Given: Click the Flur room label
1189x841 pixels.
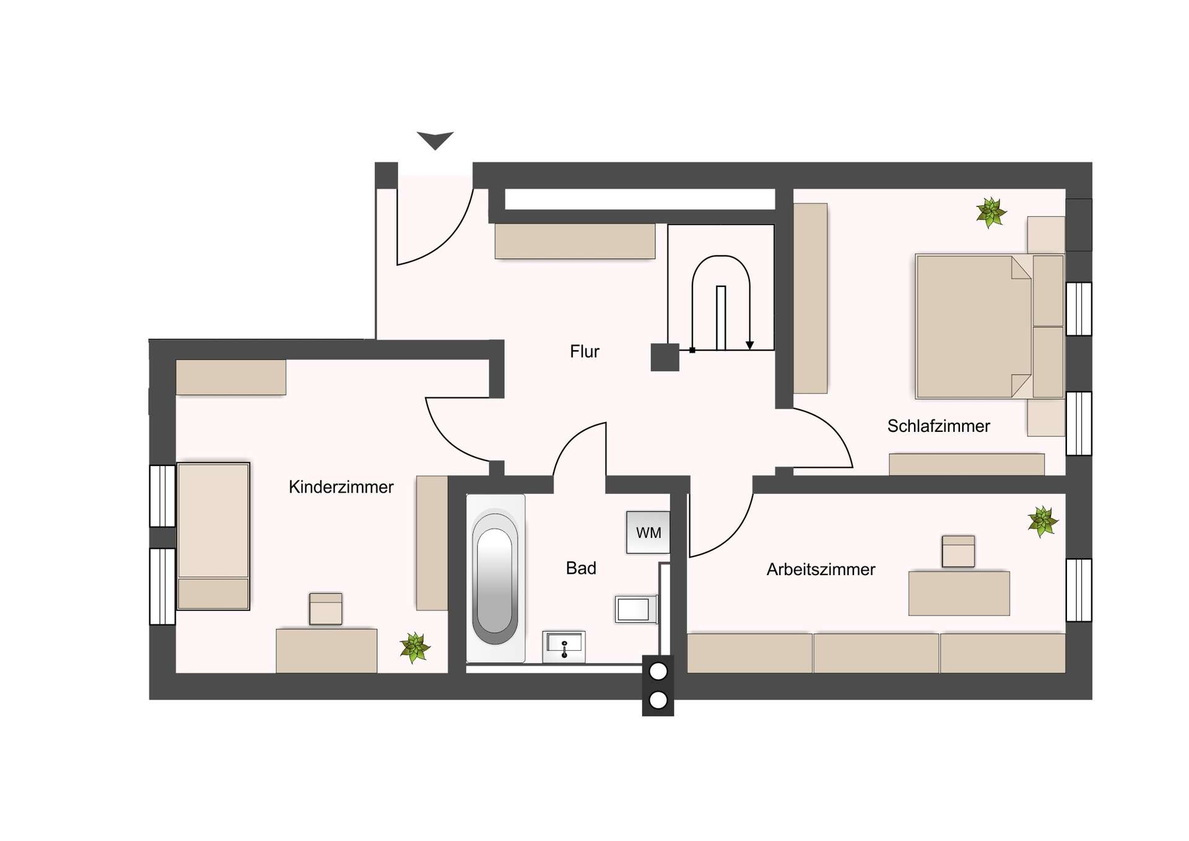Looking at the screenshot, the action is click(x=585, y=352).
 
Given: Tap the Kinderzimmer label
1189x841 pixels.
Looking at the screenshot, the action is click(x=341, y=487).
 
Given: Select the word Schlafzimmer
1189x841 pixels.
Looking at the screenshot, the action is click(x=938, y=426).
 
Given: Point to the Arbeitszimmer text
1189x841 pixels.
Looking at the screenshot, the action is click(x=821, y=570).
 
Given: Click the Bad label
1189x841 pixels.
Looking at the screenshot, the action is click(x=581, y=568).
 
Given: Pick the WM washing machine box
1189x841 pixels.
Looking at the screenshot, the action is click(x=648, y=532).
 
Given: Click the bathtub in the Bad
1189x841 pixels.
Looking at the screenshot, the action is click(x=495, y=578).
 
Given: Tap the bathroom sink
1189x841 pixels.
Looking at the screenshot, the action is click(x=564, y=647).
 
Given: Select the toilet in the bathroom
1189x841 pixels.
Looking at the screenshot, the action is click(x=636, y=609).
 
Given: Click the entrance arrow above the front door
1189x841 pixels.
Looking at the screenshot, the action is click(x=435, y=140).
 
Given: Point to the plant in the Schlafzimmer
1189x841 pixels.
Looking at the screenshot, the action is click(x=991, y=213).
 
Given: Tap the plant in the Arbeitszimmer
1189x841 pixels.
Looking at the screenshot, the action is click(x=1042, y=521).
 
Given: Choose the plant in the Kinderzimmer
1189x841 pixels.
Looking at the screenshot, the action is click(x=414, y=648).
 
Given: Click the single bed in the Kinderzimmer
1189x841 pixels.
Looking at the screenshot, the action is click(x=213, y=536).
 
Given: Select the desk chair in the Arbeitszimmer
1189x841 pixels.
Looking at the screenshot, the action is click(x=958, y=551).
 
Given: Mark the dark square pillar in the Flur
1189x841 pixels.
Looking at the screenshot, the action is click(x=665, y=358).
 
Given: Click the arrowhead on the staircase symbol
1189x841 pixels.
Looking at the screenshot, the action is click(x=749, y=345).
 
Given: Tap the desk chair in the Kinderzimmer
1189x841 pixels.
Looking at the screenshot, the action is click(x=326, y=609).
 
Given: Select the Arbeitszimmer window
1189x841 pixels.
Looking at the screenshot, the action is click(x=1078, y=590).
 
